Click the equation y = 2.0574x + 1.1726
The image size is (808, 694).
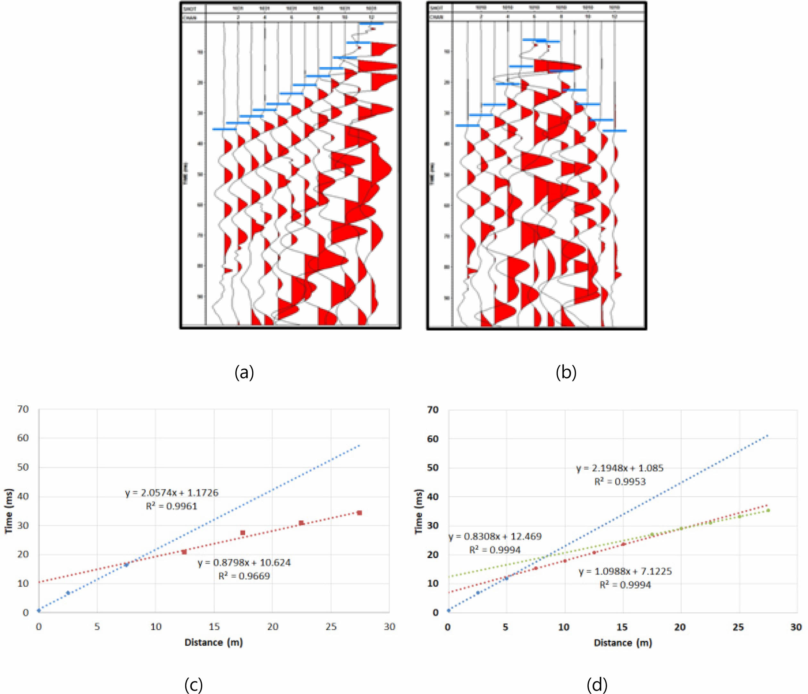[x=172, y=493]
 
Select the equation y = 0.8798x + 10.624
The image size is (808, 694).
[x=244, y=562]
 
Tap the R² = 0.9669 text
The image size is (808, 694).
[x=244, y=576]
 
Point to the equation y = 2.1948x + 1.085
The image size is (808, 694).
[x=620, y=468]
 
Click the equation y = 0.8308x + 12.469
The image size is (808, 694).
[x=495, y=536]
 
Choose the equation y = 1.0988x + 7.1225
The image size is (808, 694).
[x=625, y=571]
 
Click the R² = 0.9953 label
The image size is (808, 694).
[x=620, y=482]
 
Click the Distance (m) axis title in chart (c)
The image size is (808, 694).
[x=214, y=642]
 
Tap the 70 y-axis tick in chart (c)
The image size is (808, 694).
[x=23, y=409]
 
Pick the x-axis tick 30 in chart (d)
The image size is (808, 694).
[x=796, y=627]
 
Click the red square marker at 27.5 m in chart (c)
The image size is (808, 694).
[x=359, y=512]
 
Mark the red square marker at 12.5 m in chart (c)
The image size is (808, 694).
[x=184, y=552]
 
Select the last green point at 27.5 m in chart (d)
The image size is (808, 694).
[x=768, y=510]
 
